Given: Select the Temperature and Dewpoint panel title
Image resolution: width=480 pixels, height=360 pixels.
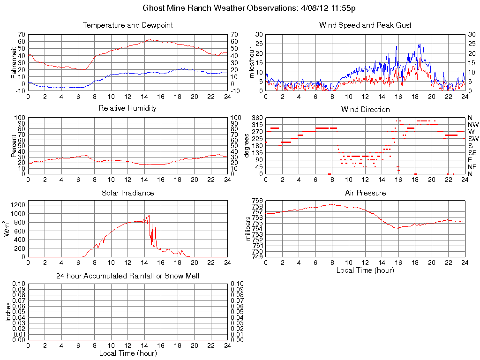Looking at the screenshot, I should point(127,25).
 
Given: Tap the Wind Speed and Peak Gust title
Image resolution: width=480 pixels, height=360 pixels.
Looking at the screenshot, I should point(365,25).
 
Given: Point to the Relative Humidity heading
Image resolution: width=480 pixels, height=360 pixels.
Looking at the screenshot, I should point(127,109).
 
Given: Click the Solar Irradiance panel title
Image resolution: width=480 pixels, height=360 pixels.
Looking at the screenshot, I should point(127,193).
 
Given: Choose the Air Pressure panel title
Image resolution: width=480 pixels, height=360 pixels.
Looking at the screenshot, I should point(365,193).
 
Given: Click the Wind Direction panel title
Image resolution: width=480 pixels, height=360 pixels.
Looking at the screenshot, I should point(365,110).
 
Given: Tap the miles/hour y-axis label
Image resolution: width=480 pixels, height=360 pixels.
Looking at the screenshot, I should point(251,63).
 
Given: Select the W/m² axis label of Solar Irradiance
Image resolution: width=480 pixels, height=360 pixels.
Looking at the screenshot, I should point(8,228).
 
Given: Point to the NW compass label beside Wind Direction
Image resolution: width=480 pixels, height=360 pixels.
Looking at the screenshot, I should point(473,125).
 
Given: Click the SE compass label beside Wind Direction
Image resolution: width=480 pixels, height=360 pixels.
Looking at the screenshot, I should point(472,153).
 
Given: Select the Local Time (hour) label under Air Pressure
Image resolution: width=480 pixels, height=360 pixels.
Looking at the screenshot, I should point(365,270).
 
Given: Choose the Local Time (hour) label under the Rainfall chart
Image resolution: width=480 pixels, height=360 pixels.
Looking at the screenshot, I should point(127,353).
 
